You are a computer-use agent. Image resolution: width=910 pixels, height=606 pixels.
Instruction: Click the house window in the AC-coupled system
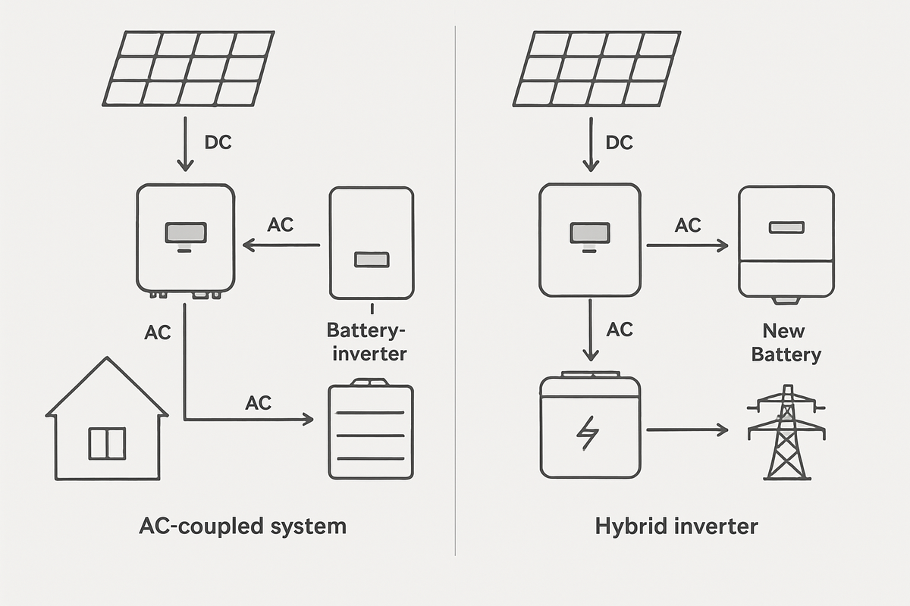tap(107, 443)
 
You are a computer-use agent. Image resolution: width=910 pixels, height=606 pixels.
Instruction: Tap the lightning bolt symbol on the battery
tap(588, 432)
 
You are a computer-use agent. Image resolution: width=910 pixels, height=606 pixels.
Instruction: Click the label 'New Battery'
tap(786, 342)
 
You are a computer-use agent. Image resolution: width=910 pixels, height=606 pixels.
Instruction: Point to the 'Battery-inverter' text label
tap(367, 342)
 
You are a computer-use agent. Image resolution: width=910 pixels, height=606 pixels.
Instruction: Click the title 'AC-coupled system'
tap(243, 526)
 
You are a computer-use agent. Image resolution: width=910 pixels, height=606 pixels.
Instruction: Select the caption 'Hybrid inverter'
tap(676, 526)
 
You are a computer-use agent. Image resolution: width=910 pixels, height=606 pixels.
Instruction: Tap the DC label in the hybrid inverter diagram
tap(620, 142)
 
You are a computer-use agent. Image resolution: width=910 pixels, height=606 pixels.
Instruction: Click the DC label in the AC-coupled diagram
tap(218, 142)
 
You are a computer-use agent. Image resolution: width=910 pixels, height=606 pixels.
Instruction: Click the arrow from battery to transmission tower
tap(686, 430)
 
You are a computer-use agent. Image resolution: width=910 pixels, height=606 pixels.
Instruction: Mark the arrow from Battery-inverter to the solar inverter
tap(281, 245)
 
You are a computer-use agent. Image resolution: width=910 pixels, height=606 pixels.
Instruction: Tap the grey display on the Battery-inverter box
tap(371, 260)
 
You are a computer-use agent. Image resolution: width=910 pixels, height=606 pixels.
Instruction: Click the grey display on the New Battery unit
tap(786, 227)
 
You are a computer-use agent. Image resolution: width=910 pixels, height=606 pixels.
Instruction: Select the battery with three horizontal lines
tap(371, 432)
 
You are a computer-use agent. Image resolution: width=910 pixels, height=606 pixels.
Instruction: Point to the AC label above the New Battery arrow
tap(688, 225)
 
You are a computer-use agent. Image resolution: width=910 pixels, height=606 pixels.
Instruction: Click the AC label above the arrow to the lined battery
tap(259, 402)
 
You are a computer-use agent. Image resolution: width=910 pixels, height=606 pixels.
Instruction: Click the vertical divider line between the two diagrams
tap(455, 303)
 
